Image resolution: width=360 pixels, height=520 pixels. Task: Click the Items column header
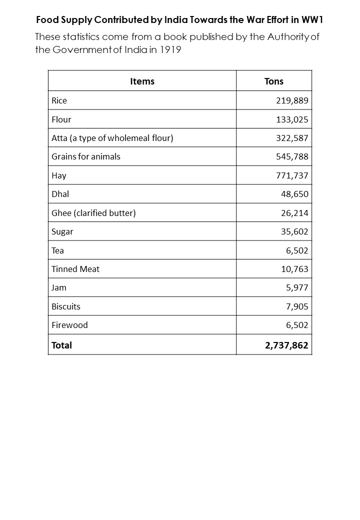pyautogui.click(x=142, y=81)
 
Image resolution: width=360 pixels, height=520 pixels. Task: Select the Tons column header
pyautogui.click(x=273, y=81)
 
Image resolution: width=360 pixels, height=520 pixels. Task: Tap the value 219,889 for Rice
pyautogui.click(x=292, y=100)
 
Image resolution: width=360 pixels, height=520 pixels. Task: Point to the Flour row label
pyautogui.click(x=61, y=119)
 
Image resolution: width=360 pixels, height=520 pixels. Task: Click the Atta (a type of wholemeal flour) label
pyautogui.click(x=112, y=138)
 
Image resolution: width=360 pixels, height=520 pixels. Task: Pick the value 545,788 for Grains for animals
pyautogui.click(x=292, y=156)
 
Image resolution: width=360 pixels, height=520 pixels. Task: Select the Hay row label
pyautogui.click(x=59, y=175)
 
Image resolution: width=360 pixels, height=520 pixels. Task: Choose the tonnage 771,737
pyautogui.click(x=292, y=175)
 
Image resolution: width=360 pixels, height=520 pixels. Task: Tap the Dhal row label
pyautogui.click(x=60, y=194)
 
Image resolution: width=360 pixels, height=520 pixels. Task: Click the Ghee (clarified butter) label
pyautogui.click(x=93, y=213)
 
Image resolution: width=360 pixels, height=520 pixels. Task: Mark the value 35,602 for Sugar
pyautogui.click(x=294, y=231)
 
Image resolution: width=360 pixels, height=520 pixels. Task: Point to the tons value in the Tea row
pyautogui.click(x=297, y=250)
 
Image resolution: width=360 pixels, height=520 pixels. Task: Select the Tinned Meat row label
pyautogui.click(x=75, y=269)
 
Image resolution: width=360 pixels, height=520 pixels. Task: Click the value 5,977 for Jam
pyautogui.click(x=297, y=287)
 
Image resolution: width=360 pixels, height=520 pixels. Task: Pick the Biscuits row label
pyautogui.click(x=66, y=306)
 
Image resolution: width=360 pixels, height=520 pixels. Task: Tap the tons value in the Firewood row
pyautogui.click(x=297, y=325)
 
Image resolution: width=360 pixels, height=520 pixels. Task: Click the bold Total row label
pyautogui.click(x=61, y=345)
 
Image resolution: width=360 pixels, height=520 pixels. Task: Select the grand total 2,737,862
pyautogui.click(x=286, y=345)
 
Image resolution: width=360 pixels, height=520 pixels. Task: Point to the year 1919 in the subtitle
pyautogui.click(x=170, y=50)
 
